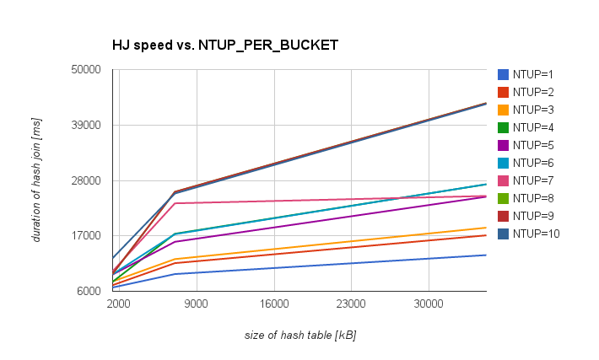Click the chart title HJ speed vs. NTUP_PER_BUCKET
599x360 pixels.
225,45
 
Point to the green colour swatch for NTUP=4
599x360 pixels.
504,127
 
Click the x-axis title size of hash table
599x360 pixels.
299,336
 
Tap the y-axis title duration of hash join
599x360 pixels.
36,180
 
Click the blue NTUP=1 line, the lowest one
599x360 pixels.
337,265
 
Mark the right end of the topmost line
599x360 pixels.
486,103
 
